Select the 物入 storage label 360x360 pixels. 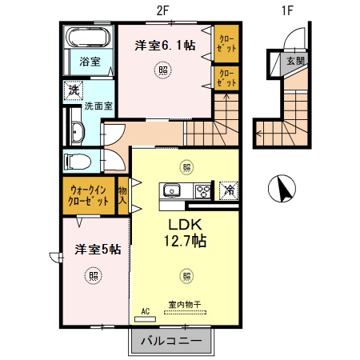122,197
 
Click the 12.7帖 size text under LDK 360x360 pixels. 186,239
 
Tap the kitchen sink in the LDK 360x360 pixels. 171,190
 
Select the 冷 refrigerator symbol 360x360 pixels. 227,190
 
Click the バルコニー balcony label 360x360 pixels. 171,341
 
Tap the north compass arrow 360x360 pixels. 282,189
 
